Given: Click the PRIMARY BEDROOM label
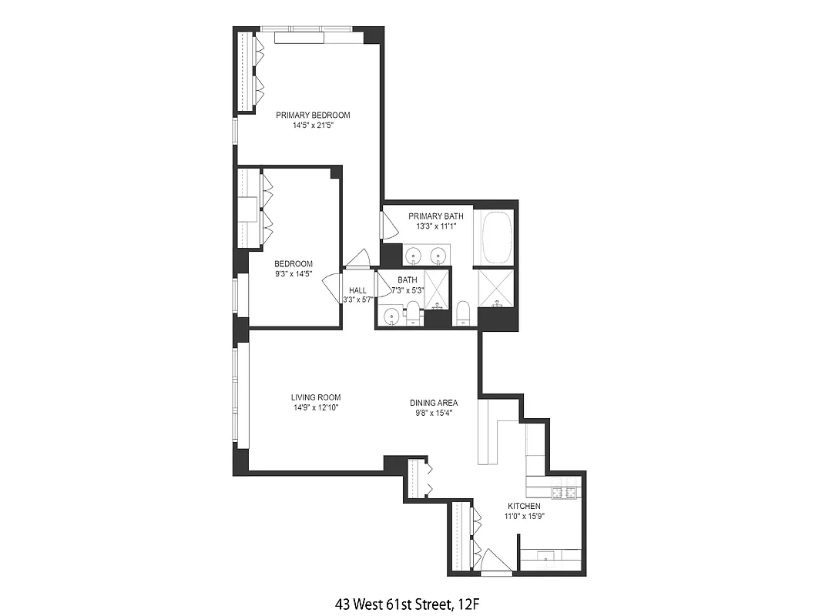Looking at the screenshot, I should (313, 115).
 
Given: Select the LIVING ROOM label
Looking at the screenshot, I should (315, 397).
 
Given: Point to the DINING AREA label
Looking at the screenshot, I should (434, 403).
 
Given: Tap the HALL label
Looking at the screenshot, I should (357, 290).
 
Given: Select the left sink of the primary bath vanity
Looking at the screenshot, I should (414, 255).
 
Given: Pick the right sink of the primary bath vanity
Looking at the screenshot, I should (439, 255).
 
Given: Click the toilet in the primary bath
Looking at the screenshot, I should (463, 313).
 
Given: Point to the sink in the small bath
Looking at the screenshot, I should (391, 315).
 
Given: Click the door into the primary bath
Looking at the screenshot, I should (388, 225).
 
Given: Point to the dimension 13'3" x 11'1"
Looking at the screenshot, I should (436, 226).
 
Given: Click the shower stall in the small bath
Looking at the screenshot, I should (438, 289).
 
